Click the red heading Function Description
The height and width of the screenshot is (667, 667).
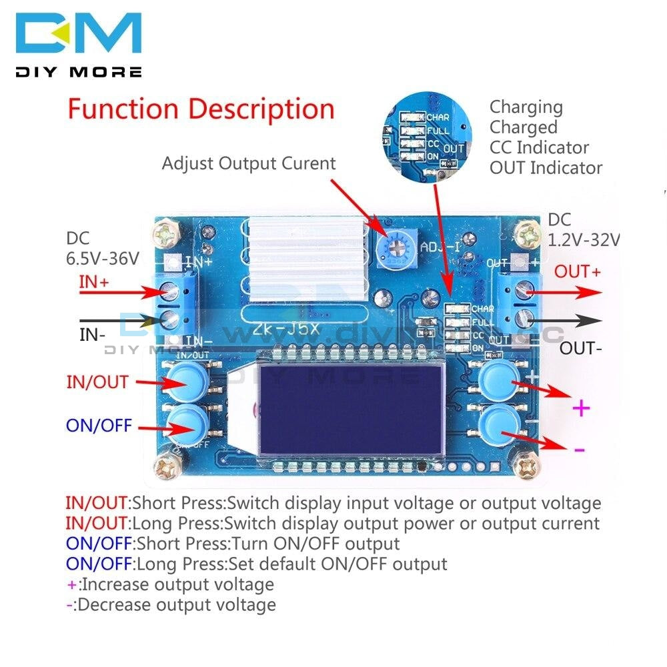(x=201, y=109)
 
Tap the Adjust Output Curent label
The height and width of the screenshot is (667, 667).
(x=249, y=163)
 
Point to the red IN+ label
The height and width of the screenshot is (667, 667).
(x=94, y=281)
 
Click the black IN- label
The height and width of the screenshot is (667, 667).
(x=93, y=335)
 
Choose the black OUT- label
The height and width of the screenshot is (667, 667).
(x=581, y=348)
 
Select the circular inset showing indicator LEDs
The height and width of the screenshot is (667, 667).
(x=426, y=137)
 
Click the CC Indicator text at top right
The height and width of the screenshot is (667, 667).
(x=539, y=147)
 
